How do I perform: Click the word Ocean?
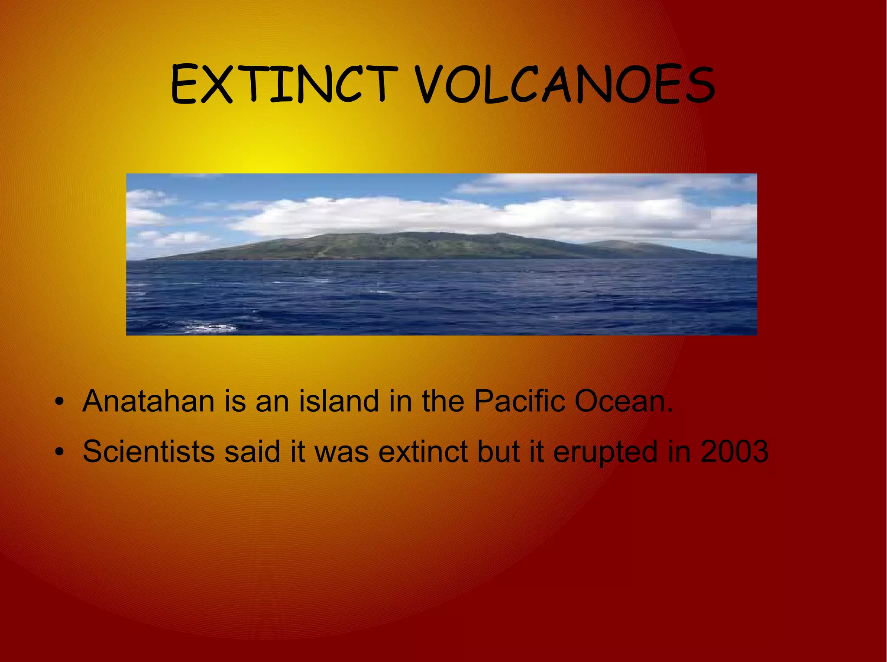point(623,401)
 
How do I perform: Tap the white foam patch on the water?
point(212,328)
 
